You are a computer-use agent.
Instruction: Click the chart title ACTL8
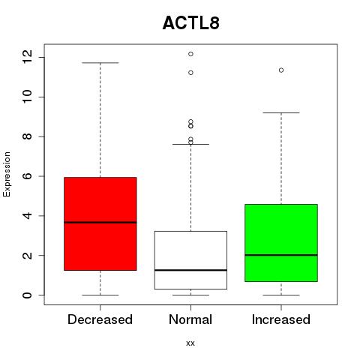(x=191, y=23)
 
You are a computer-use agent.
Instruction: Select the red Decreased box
(x=100, y=223)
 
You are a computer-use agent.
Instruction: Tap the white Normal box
(x=190, y=260)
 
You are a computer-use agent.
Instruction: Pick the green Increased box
(x=281, y=243)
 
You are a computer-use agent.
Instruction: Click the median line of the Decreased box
(x=100, y=222)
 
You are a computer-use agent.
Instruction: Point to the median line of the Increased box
(x=281, y=255)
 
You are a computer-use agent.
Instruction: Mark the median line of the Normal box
(x=190, y=270)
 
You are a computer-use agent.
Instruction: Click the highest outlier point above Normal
(x=190, y=54)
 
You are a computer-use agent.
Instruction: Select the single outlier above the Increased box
(x=281, y=70)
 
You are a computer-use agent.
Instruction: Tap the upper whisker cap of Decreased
(x=100, y=63)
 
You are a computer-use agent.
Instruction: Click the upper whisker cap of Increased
(x=281, y=112)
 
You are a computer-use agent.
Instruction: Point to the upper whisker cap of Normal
(x=190, y=144)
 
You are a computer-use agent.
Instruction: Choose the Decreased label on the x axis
(x=100, y=319)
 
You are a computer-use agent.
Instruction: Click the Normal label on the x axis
(x=190, y=319)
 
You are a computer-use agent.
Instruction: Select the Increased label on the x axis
(x=281, y=319)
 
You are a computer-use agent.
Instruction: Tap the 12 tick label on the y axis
(x=27, y=56)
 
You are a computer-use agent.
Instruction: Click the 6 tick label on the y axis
(x=27, y=176)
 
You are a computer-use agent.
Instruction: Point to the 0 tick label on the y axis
(x=27, y=295)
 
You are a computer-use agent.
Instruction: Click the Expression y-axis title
(x=7, y=174)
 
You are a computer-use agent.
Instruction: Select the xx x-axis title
(x=190, y=343)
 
